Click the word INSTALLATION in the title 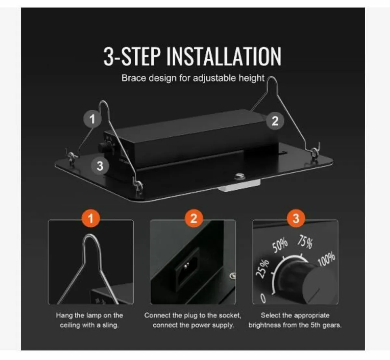tap(224, 56)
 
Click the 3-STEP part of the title tap(132, 56)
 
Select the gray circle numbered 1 tap(92, 119)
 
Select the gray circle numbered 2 tap(275, 121)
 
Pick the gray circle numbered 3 tap(100, 166)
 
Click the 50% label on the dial tap(280, 245)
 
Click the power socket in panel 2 tap(186, 267)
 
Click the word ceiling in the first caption tap(71, 325)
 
